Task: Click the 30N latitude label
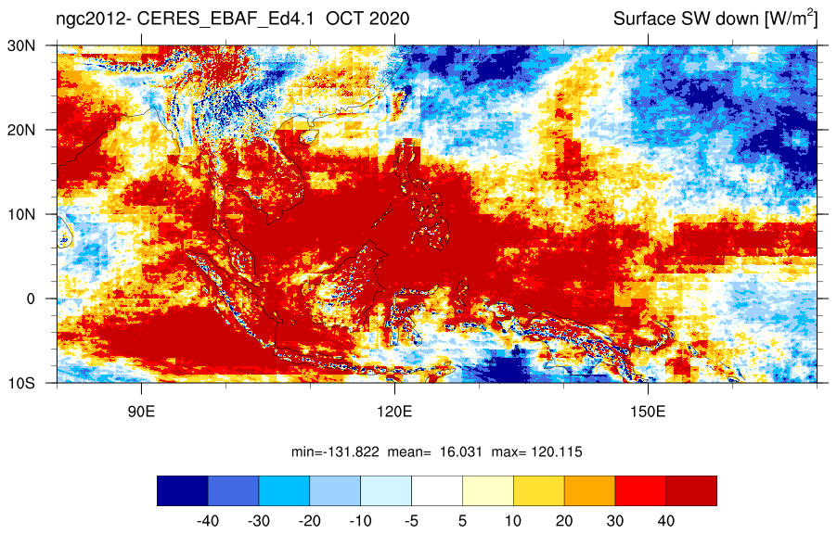(x=21, y=45)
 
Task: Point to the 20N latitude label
(x=21, y=130)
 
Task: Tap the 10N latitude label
(x=21, y=214)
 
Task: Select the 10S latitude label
(x=21, y=383)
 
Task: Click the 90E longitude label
(x=141, y=412)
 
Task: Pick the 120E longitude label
(x=394, y=412)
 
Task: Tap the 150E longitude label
(x=648, y=412)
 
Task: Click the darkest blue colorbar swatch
(x=183, y=490)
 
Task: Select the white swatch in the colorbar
(x=437, y=490)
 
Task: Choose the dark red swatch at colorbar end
(x=691, y=490)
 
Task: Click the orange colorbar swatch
(x=589, y=490)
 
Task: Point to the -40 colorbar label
(x=208, y=521)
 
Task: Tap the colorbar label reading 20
(x=564, y=521)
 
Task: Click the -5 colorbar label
(x=412, y=521)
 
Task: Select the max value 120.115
(x=557, y=452)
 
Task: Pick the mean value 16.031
(x=460, y=452)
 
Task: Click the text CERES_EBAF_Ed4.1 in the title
(x=225, y=19)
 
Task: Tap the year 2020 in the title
(x=389, y=19)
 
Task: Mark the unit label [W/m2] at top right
(x=792, y=19)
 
